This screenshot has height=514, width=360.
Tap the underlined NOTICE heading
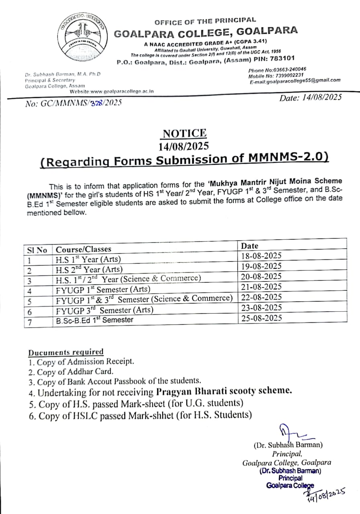(185, 133)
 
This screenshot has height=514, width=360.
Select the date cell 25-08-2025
(261, 318)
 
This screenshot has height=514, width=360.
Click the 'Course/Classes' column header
(84, 249)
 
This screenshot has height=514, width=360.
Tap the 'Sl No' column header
(37, 250)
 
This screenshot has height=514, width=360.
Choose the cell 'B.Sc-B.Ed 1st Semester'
(94, 320)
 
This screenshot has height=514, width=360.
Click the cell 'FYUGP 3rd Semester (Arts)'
(104, 310)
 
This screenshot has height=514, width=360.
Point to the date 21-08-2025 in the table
(261, 287)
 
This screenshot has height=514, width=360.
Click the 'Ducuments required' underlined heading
(65, 352)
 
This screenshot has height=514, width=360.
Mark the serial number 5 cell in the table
(30, 301)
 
